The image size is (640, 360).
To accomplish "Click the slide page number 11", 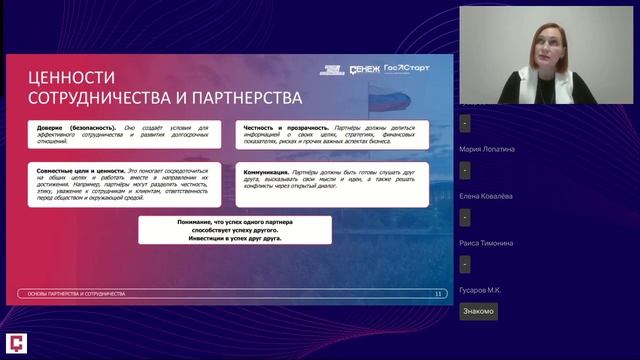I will coord(438,294).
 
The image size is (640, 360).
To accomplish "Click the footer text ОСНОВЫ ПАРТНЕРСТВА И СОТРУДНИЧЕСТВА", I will coord(76,294).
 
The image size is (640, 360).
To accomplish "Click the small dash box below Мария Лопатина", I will coord(465,170).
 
